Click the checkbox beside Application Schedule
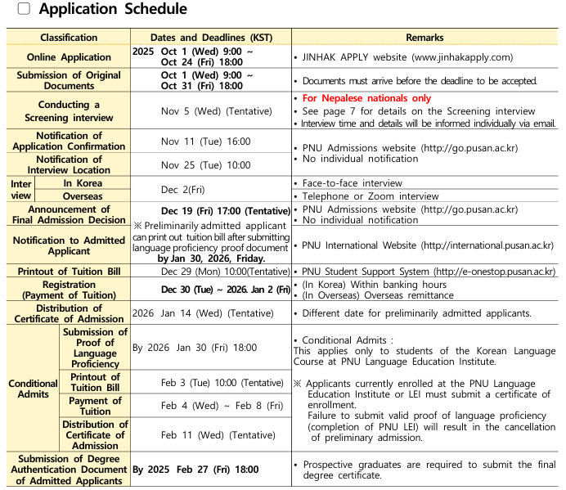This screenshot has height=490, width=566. point(24,9)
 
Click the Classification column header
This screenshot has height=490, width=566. point(69,38)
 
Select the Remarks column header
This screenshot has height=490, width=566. point(424,38)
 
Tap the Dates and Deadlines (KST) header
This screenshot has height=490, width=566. point(211,38)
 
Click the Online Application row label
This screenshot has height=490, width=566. point(69,57)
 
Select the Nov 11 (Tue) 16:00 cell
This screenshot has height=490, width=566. point(205,142)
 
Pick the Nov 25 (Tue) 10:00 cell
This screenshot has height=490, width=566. point(205,165)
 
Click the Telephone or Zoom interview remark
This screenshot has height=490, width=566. point(371,196)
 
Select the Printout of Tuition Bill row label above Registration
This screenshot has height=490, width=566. point(69,272)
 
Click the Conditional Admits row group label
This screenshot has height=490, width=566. point(34,389)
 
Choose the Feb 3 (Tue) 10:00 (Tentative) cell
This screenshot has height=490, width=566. point(222,383)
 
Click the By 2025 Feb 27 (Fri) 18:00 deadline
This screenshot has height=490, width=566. point(196,470)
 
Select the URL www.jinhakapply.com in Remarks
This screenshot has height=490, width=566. point(462,57)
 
